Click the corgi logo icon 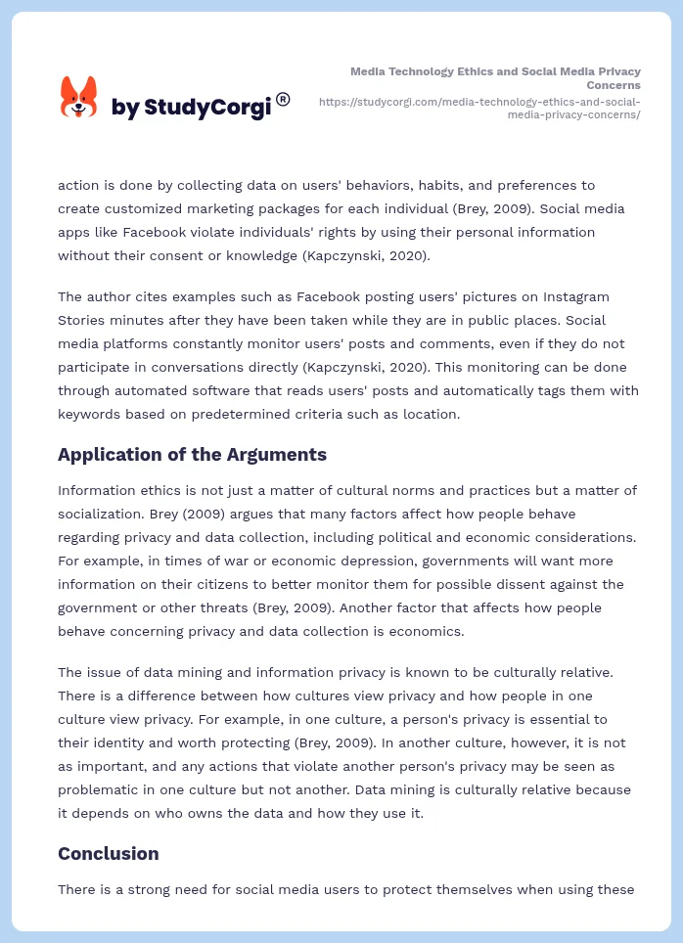[x=79, y=98]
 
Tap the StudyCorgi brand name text [x=190, y=108]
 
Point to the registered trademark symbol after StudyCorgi [x=283, y=99]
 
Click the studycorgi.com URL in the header [x=479, y=108]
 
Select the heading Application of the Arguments [x=192, y=454]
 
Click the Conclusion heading [x=108, y=853]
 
